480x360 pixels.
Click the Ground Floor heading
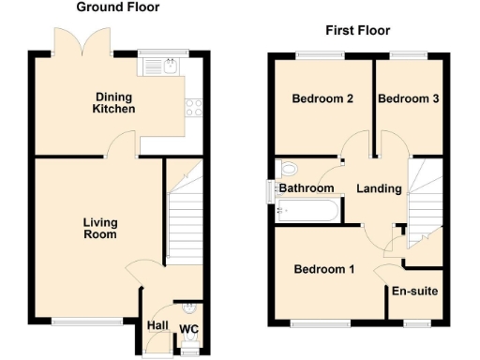[x=117, y=7]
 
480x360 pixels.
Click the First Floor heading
[x=357, y=30]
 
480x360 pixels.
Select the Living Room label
[x=99, y=228]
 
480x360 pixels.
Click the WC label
[x=188, y=328]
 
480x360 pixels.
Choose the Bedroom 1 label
[x=323, y=270]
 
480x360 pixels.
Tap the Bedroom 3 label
[x=409, y=99]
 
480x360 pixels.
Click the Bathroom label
[x=307, y=188]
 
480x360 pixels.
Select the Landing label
[x=379, y=188]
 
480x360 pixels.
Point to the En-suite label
[x=415, y=291]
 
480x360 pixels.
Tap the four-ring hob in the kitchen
[x=195, y=108]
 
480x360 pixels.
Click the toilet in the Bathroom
[x=289, y=170]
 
